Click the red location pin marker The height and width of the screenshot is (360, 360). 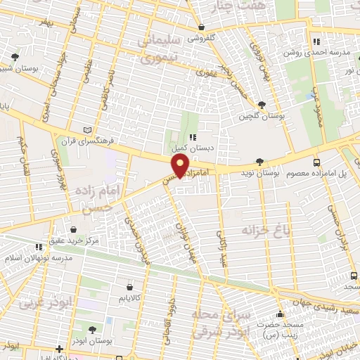(x=181, y=166)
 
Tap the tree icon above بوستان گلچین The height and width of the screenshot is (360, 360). (x=262, y=105)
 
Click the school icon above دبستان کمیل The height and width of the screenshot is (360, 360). (x=192, y=138)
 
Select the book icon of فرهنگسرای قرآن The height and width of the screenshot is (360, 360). (x=87, y=130)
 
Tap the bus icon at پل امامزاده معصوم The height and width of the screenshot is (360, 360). (x=316, y=162)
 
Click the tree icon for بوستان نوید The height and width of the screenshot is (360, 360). (x=259, y=162)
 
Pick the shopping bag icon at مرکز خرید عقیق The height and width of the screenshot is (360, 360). (x=75, y=229)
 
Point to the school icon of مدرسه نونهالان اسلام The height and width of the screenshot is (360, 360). (x=40, y=247)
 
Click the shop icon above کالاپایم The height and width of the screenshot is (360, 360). (x=130, y=286)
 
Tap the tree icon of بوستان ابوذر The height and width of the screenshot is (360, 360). (x=93, y=329)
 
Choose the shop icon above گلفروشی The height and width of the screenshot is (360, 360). (x=201, y=28)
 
